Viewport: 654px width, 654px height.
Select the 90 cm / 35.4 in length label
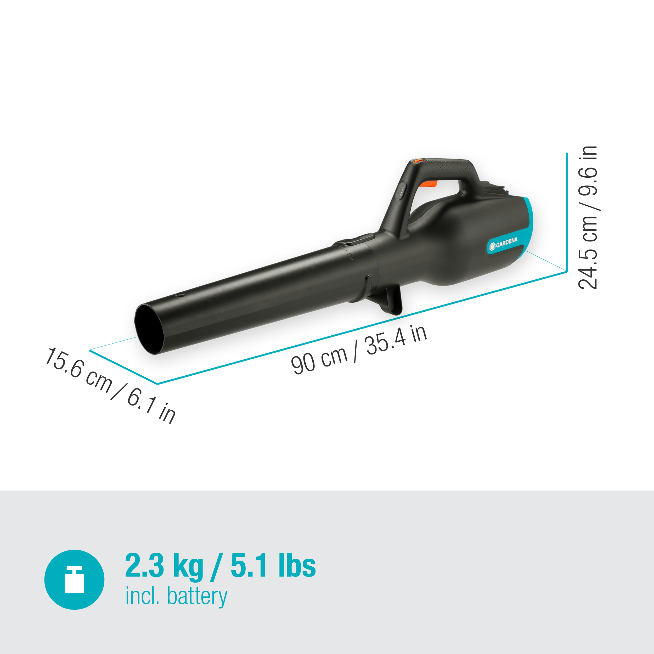point(359,350)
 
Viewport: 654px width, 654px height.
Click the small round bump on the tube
point(182,295)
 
